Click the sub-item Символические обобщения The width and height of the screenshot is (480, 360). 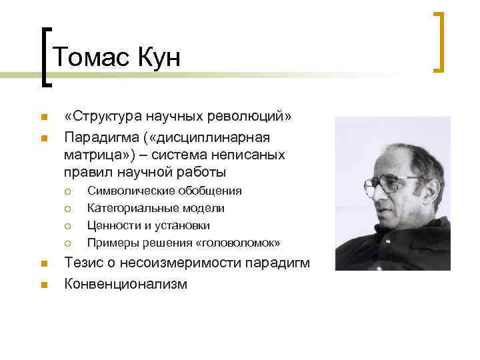[x=165, y=191]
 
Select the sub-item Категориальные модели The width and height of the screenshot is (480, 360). [x=156, y=208]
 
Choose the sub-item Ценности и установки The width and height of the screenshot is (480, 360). [x=149, y=225]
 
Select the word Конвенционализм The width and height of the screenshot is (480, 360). [x=125, y=283]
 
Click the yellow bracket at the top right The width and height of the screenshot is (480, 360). [x=439, y=41]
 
